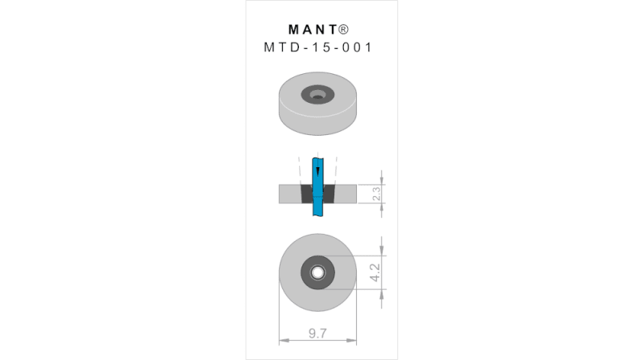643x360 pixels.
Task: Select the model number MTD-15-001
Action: click(x=318, y=47)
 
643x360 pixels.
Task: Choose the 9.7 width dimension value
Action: click(x=318, y=333)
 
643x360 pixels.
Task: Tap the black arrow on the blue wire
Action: click(x=318, y=172)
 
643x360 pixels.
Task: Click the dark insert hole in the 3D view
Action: click(x=317, y=95)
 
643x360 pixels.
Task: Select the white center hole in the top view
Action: click(x=318, y=272)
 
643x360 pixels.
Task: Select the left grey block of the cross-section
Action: click(x=289, y=194)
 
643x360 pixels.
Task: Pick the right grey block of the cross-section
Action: click(x=346, y=194)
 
